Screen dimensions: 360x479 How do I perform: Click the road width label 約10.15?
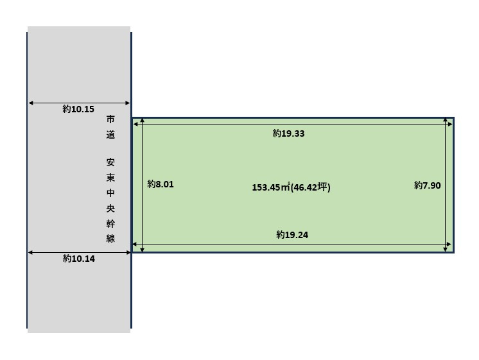(x=78, y=110)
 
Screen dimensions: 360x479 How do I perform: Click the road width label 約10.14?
(x=78, y=259)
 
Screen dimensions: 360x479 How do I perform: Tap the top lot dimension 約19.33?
(x=288, y=133)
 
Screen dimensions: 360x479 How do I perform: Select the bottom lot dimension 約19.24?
(x=292, y=235)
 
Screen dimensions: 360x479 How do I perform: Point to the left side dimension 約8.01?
(x=161, y=184)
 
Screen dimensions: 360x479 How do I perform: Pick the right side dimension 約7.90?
(x=428, y=185)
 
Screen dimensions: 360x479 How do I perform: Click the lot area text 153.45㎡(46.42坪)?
(x=291, y=187)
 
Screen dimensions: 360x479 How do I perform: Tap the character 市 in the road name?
(x=111, y=119)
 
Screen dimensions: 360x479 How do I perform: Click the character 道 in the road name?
(x=111, y=135)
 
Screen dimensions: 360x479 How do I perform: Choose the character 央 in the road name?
(x=111, y=209)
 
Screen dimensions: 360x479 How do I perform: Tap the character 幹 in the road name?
(x=111, y=223)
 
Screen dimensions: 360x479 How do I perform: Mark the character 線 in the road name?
(x=111, y=239)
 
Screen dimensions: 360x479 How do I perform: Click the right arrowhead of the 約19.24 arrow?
(x=449, y=244)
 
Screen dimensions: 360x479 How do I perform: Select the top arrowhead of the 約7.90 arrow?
(x=446, y=121)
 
